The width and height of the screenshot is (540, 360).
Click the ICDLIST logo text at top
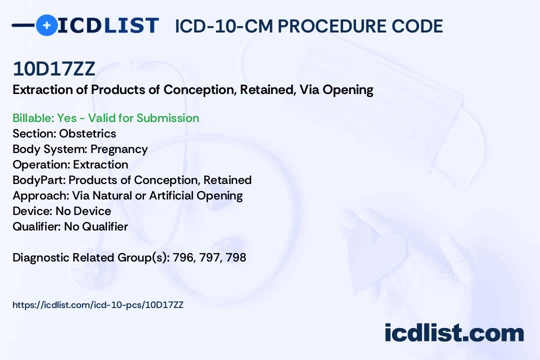click(108, 25)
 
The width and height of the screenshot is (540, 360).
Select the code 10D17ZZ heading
click(54, 69)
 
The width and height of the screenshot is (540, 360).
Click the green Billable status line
click(105, 118)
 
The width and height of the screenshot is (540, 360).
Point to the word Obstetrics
click(87, 133)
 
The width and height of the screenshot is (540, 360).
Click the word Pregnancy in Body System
click(119, 149)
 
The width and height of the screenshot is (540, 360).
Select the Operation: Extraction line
click(70, 164)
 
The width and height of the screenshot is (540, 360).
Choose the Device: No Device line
click(61, 211)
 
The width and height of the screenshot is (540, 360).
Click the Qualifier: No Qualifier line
click(70, 226)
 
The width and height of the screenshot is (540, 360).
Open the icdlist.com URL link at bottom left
click(98, 304)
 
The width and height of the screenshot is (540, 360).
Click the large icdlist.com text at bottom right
click(454, 333)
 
